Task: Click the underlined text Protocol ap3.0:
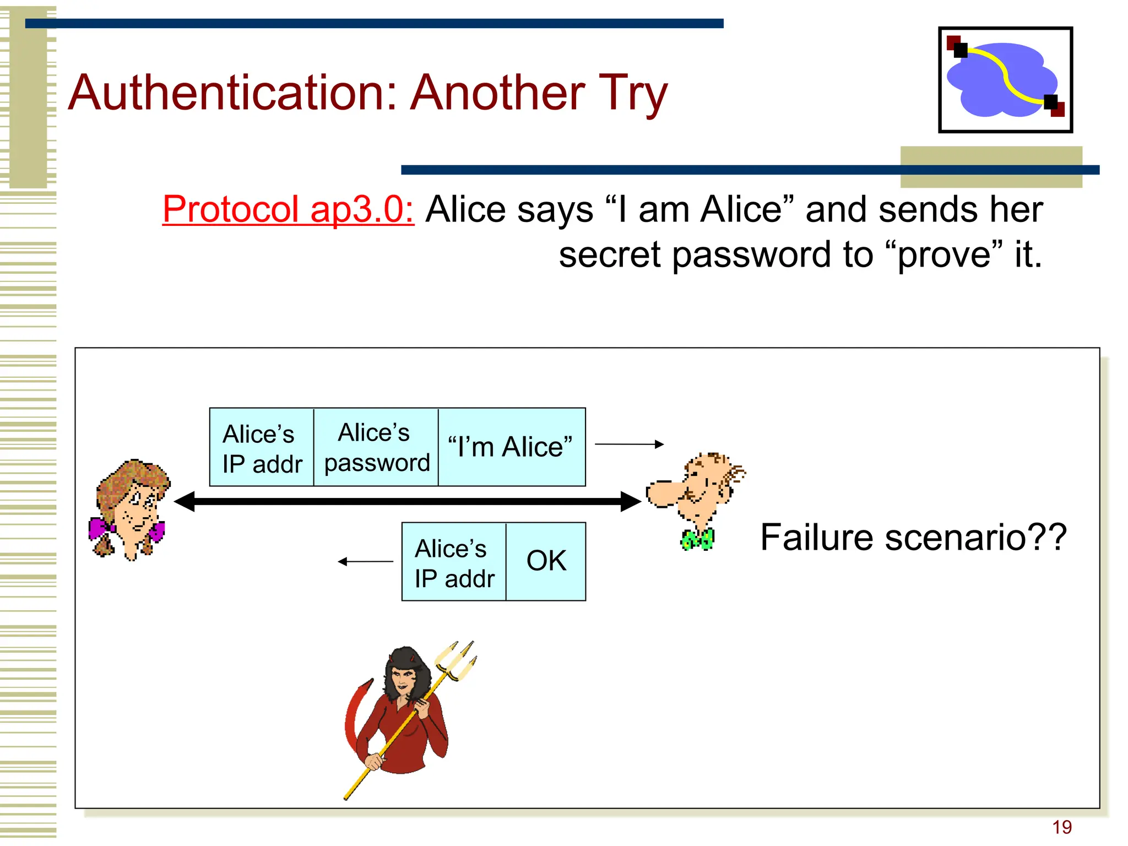coord(288,210)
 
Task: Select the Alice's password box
coord(376,447)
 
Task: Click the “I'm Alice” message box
coord(511,447)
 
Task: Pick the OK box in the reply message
coord(546,561)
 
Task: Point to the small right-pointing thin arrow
coord(629,444)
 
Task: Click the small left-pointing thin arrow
coord(365,562)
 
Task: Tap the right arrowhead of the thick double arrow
coord(631,502)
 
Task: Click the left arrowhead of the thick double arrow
coord(185,502)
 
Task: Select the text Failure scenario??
coord(913,538)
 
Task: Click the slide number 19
coord(1061,827)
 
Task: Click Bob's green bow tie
coord(697,539)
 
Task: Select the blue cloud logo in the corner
coord(1005,80)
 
